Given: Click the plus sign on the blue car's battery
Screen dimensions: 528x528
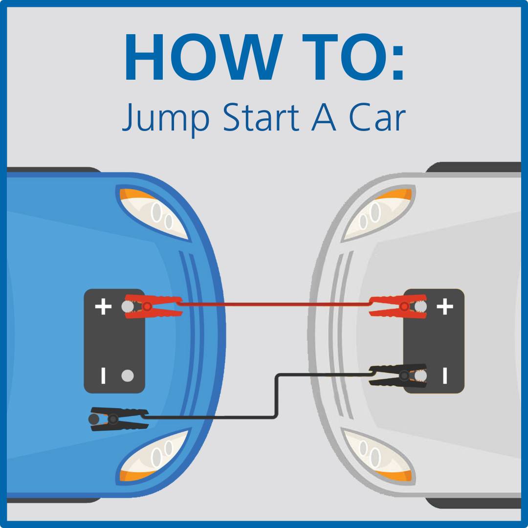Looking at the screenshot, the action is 103,307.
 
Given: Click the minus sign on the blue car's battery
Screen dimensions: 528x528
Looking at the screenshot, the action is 103,375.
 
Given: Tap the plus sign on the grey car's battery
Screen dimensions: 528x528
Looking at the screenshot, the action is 445,307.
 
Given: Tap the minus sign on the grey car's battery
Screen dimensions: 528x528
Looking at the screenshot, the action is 445,375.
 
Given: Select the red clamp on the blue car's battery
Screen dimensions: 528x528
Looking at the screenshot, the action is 153,307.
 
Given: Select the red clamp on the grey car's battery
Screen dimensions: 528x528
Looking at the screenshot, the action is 398,307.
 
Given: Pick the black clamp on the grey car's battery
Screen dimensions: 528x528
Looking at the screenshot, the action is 398,375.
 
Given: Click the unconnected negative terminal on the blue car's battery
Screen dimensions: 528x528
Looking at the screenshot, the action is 127,375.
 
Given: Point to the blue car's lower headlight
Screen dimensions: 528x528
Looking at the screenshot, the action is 153,457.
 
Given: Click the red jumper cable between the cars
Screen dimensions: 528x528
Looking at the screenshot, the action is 274,305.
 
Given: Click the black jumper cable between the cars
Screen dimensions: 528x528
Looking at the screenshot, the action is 277,396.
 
